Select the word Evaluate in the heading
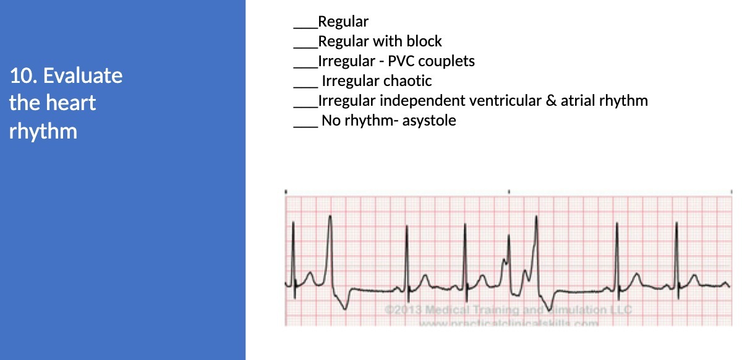tap(83, 76)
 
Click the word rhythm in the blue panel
tap(43, 131)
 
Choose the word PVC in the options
tap(401, 61)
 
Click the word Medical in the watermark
tap(450, 309)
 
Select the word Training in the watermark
tap(498, 309)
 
